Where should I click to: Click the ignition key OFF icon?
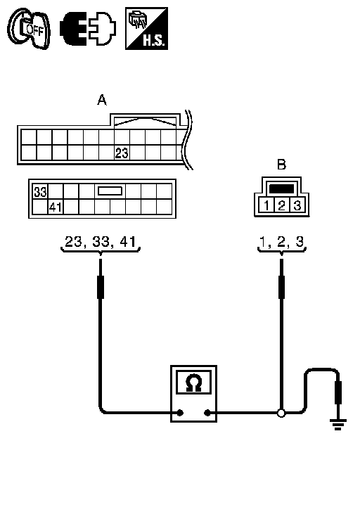(x=30, y=29)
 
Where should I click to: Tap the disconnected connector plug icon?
(x=88, y=29)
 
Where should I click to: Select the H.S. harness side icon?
(x=147, y=29)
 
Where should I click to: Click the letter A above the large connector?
(x=102, y=100)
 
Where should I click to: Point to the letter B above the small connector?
(x=281, y=165)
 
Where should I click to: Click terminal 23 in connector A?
(x=122, y=153)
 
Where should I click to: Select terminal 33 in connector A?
(x=40, y=192)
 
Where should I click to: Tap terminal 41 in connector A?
(x=56, y=207)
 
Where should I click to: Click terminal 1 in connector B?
(x=266, y=205)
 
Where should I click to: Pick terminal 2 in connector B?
(x=281, y=205)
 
